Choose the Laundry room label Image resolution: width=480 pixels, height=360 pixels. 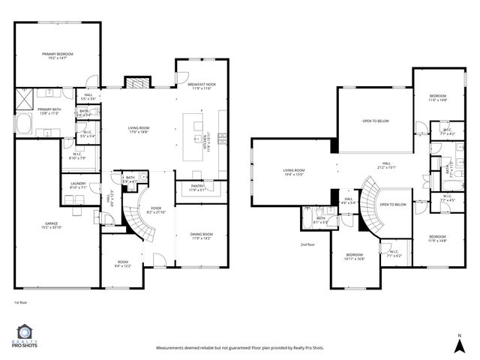click(x=78, y=185)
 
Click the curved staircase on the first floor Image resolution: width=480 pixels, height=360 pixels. click(x=133, y=222)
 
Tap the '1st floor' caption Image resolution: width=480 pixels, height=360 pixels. click(x=20, y=302)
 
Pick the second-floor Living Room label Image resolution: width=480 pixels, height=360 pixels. click(x=293, y=172)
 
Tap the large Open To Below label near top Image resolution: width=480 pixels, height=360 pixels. click(x=374, y=120)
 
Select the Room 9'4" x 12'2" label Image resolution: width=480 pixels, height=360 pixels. click(x=123, y=263)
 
